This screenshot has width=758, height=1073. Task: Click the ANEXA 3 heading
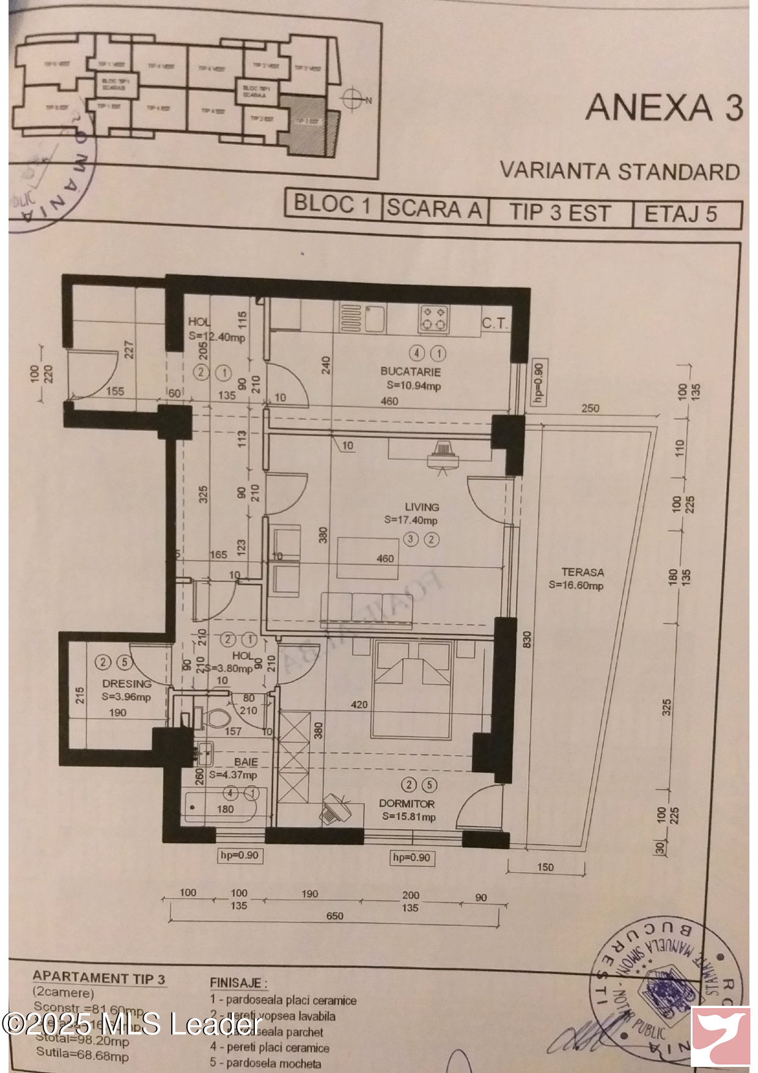click(664, 108)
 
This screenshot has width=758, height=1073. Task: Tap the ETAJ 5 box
click(681, 214)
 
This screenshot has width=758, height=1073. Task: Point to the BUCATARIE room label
click(410, 371)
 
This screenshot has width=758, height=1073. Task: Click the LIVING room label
click(422, 507)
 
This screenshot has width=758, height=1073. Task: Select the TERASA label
click(583, 572)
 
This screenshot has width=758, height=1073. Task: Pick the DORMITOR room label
click(407, 803)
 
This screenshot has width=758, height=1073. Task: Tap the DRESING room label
click(127, 684)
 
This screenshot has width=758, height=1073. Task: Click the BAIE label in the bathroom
click(246, 762)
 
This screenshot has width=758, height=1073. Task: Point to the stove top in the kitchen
click(433, 319)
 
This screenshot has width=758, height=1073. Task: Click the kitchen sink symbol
click(375, 319)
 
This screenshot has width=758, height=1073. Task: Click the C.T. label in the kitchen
click(495, 323)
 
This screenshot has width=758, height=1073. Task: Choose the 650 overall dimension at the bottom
click(334, 916)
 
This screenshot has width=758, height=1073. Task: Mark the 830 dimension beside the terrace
click(527, 640)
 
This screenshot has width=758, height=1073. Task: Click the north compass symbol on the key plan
click(353, 98)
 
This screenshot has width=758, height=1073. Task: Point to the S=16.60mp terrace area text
click(576, 585)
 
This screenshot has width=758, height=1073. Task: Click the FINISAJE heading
click(238, 983)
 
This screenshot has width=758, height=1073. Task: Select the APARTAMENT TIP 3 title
click(98, 978)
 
